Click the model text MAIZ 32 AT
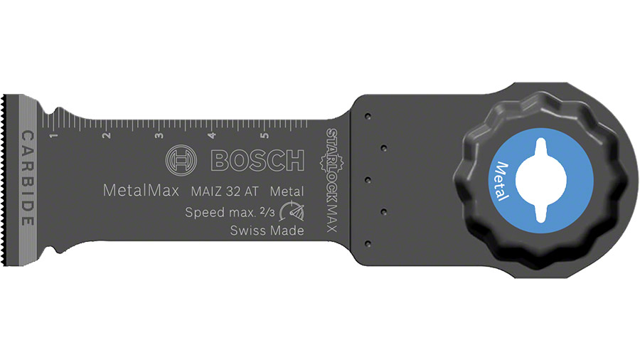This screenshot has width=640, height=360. click(225, 191)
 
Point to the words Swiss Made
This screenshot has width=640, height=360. click(267, 231)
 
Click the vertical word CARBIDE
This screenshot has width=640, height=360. click(27, 178)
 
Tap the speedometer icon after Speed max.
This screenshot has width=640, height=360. click(291, 212)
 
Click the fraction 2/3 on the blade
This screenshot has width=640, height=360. click(267, 211)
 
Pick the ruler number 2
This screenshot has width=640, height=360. click(106, 134)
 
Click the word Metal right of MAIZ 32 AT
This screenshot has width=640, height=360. click(287, 191)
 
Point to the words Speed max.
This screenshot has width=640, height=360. click(219, 212)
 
